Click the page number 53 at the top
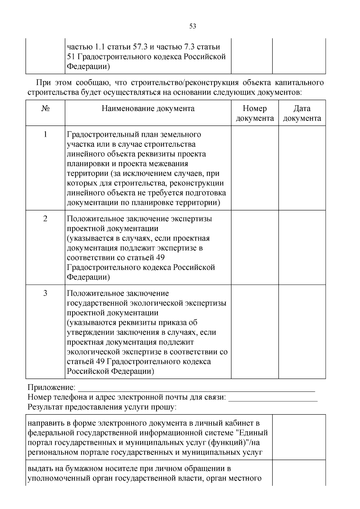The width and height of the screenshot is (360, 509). point(193,26)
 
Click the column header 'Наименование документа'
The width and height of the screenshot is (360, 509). point(148,109)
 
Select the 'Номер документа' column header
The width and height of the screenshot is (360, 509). point(255,113)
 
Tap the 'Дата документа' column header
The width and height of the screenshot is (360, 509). point(302,113)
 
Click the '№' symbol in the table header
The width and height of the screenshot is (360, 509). point(45,109)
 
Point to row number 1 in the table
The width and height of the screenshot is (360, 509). point(45,134)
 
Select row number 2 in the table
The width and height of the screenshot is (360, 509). point(45,219)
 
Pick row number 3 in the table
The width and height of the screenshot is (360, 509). point(45,293)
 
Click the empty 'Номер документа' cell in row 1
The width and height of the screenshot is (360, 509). point(255,168)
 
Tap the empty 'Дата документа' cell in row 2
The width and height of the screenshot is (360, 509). point(302,247)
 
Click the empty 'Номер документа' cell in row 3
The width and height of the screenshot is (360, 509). point(255,331)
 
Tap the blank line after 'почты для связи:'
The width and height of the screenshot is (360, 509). point(273,398)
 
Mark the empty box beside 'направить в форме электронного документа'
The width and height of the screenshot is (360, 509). point(299,437)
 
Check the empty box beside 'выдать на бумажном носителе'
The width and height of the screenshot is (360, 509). point(299,473)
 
